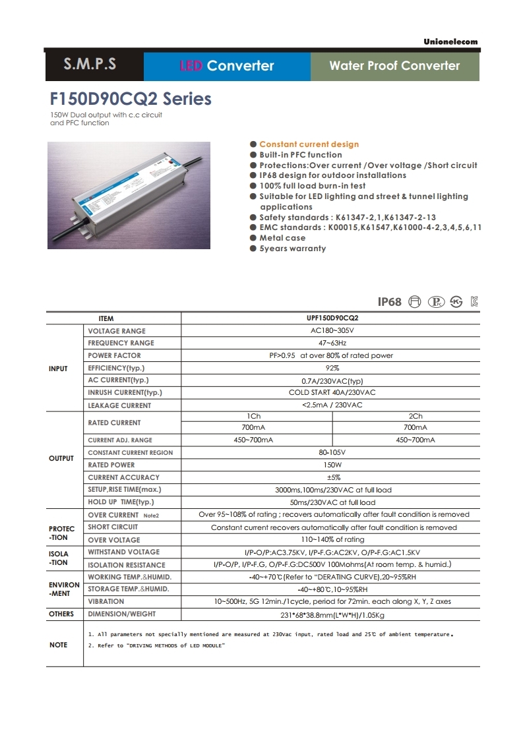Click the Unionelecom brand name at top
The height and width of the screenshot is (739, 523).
(x=450, y=42)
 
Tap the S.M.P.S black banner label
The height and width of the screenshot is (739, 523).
(x=90, y=65)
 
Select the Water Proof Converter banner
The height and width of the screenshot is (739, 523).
(x=394, y=65)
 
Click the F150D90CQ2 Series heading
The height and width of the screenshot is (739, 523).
(x=131, y=99)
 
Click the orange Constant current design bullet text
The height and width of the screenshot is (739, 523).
(x=309, y=144)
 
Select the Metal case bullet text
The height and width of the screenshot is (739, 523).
(x=282, y=238)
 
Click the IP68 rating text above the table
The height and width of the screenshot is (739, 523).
(x=389, y=302)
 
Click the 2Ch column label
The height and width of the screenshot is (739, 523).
(x=415, y=416)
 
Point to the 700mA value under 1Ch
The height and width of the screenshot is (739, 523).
(x=254, y=427)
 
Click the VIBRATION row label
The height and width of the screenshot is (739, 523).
(x=106, y=601)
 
